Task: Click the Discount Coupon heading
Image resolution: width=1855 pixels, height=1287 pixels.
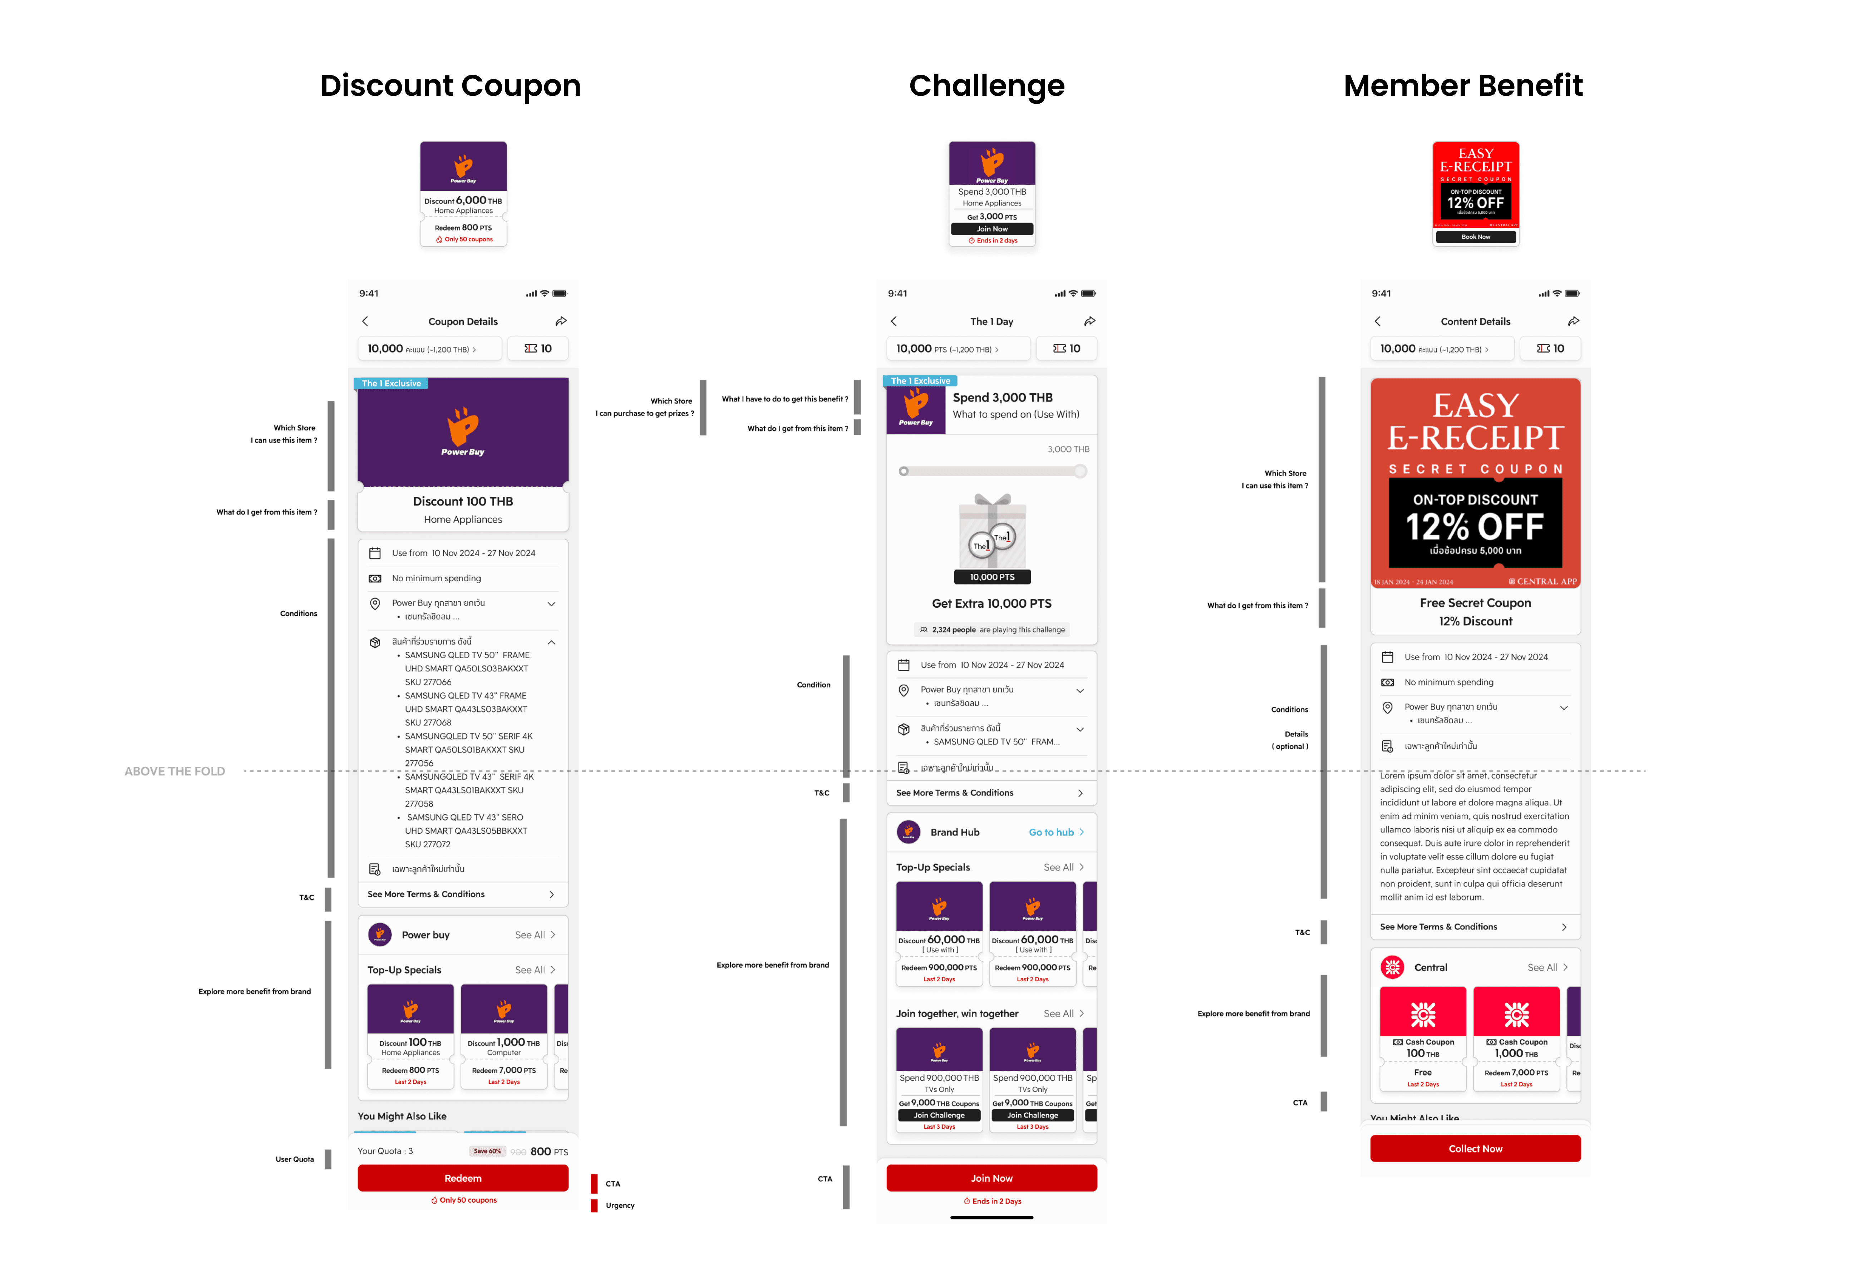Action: pos(450,85)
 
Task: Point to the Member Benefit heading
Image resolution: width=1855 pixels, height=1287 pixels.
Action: pos(1462,85)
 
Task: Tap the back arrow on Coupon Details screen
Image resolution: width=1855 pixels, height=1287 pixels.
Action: pos(365,321)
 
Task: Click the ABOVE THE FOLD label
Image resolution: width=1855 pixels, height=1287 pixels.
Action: pos(174,771)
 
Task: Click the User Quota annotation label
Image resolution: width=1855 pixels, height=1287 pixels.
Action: pos(294,1159)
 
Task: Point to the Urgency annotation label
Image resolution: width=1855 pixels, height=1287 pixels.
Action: pos(619,1205)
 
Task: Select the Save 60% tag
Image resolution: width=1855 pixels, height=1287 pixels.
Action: pos(487,1151)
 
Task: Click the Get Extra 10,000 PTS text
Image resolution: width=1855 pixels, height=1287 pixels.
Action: pos(991,603)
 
